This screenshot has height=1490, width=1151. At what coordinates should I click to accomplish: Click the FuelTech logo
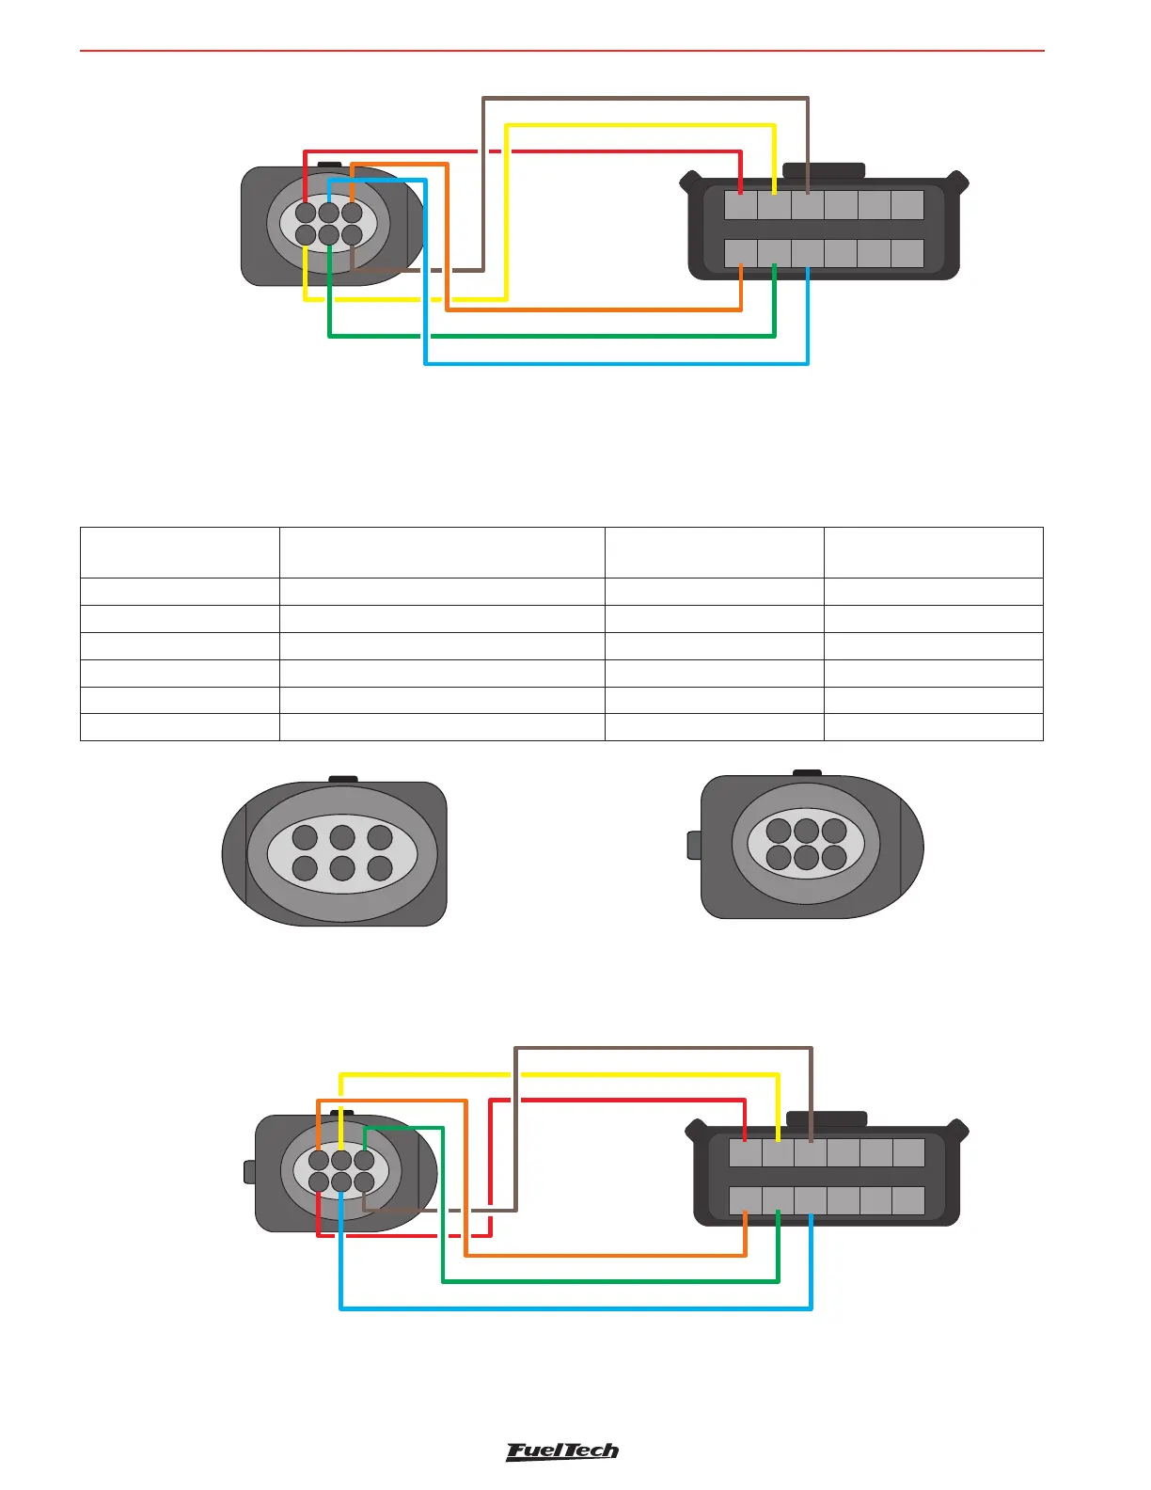click(562, 1451)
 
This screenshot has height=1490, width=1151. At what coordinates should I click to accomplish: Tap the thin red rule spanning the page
click(562, 50)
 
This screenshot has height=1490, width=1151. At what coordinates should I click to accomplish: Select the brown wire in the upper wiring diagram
click(645, 97)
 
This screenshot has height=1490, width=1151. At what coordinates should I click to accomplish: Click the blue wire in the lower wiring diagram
click(575, 1308)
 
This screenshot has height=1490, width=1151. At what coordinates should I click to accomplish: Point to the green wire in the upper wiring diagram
click(551, 336)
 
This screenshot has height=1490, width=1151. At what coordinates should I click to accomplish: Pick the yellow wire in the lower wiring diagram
click(559, 1073)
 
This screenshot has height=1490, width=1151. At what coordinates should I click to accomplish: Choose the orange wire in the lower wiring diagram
click(606, 1255)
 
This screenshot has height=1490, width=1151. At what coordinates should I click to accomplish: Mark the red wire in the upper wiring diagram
click(611, 151)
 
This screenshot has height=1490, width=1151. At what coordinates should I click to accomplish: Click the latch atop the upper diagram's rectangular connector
click(824, 170)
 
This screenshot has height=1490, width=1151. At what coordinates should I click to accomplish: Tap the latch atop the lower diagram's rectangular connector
click(827, 1118)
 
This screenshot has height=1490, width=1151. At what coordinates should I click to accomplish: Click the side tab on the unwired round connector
click(694, 845)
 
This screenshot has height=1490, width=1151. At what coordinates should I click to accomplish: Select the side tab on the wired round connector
click(249, 1171)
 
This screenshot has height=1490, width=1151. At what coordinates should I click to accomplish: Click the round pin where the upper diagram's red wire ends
click(306, 213)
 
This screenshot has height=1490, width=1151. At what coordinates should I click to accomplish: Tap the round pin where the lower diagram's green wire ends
click(364, 1160)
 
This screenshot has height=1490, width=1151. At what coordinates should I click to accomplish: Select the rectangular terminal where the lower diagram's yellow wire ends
click(778, 1152)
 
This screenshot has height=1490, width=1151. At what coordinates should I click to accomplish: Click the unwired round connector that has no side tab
click(335, 852)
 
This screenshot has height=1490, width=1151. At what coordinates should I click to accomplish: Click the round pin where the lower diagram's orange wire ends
click(319, 1160)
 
